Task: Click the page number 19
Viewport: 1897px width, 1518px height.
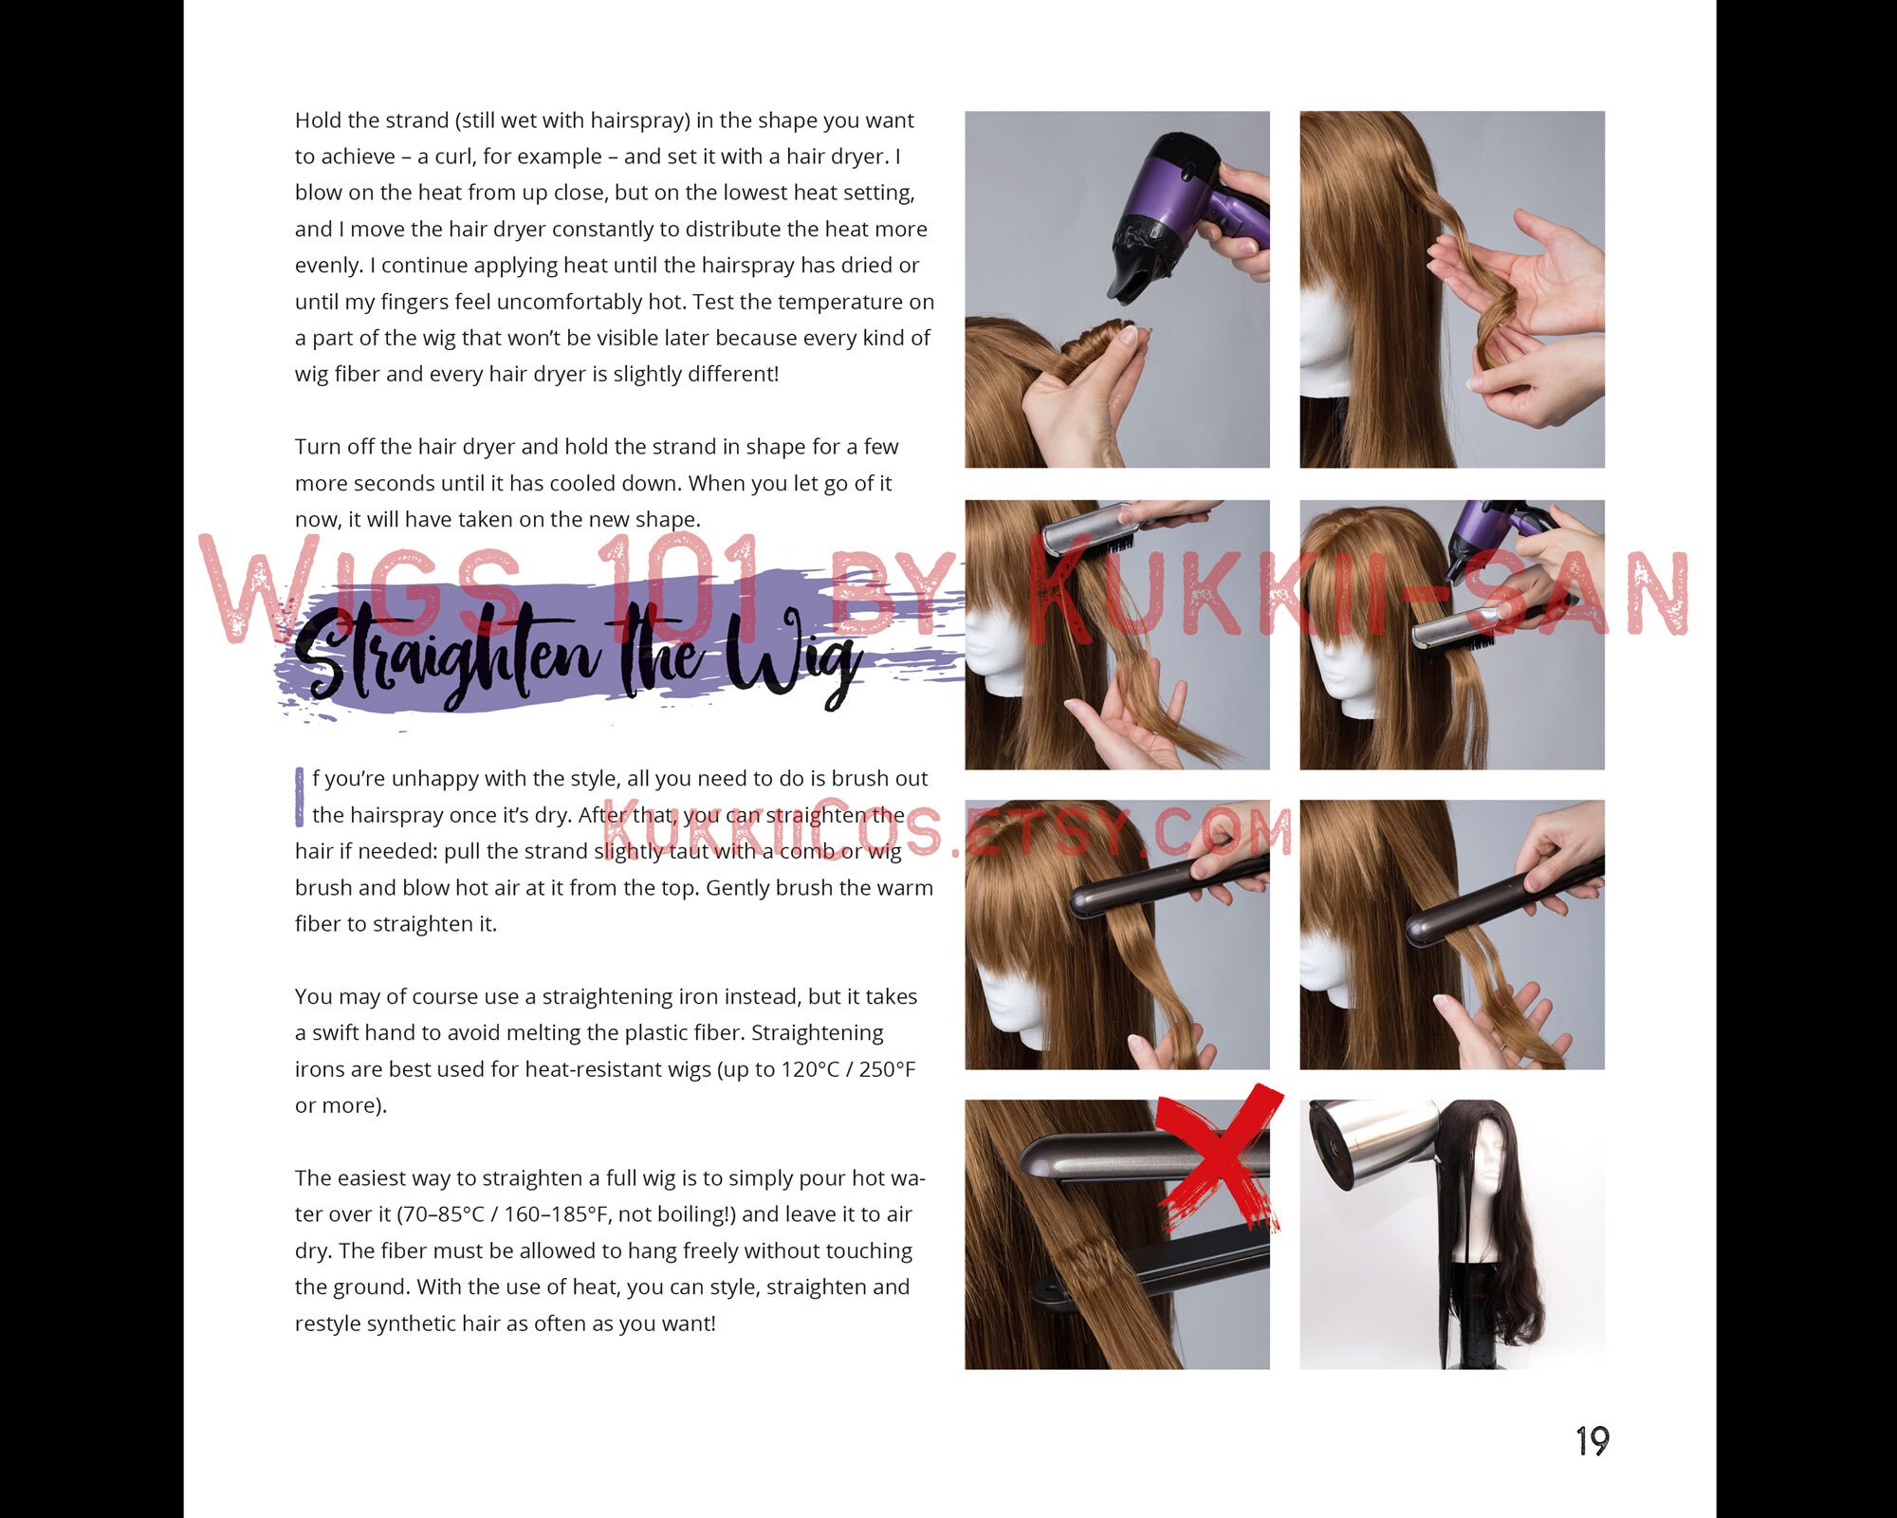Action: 1593,1441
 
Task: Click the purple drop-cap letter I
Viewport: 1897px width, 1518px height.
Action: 300,797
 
